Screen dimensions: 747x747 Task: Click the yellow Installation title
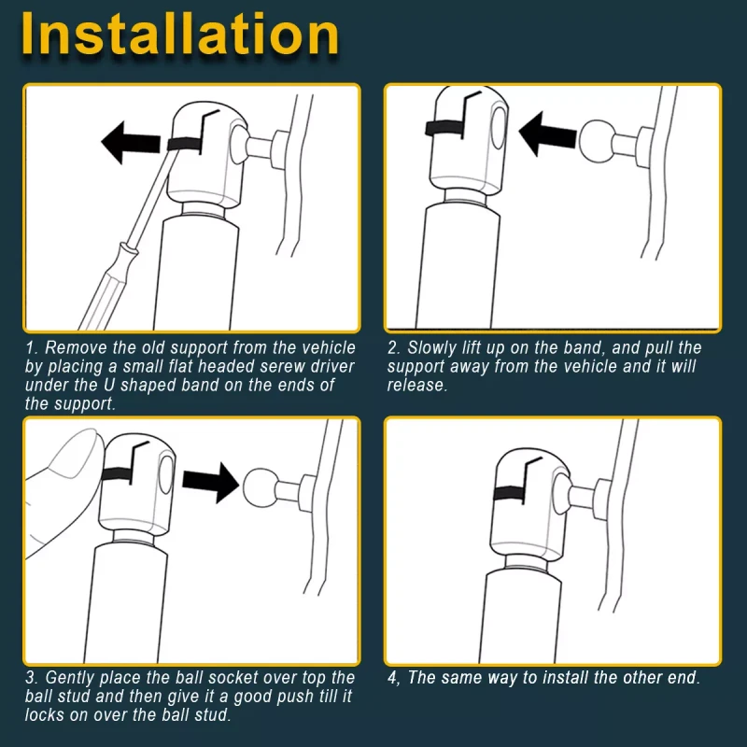tap(180, 35)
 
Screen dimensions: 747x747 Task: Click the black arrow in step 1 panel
tap(131, 143)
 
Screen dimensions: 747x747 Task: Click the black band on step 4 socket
tap(509, 493)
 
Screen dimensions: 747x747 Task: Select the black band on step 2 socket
tap(444, 128)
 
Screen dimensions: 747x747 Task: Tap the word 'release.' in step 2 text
tap(417, 385)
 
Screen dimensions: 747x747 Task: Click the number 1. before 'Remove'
tap(32, 347)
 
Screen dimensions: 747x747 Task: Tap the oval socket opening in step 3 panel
tap(167, 475)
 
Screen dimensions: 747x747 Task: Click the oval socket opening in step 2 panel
tap(500, 128)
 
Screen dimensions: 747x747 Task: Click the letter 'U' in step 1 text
tap(109, 386)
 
